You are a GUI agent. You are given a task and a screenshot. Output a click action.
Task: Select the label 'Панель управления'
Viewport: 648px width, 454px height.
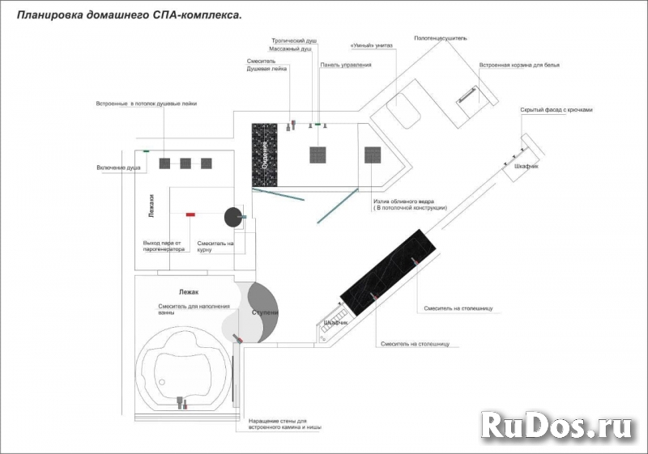pos(346,64)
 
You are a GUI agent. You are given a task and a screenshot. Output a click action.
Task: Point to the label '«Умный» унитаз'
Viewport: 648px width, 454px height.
pos(372,46)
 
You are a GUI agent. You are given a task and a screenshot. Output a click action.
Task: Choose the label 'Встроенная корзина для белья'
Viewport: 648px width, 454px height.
pos(519,64)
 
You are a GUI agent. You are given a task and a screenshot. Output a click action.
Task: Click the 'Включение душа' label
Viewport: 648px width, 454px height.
pos(119,168)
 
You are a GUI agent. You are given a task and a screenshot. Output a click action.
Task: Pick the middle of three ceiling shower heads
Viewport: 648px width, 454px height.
pos(185,163)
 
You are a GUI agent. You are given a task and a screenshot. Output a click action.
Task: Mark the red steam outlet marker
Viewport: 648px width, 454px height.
pos(190,214)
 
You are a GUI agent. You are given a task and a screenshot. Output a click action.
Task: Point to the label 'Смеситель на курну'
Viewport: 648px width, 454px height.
pos(215,246)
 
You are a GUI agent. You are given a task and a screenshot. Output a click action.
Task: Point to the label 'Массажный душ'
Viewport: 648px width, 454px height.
pos(290,49)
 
